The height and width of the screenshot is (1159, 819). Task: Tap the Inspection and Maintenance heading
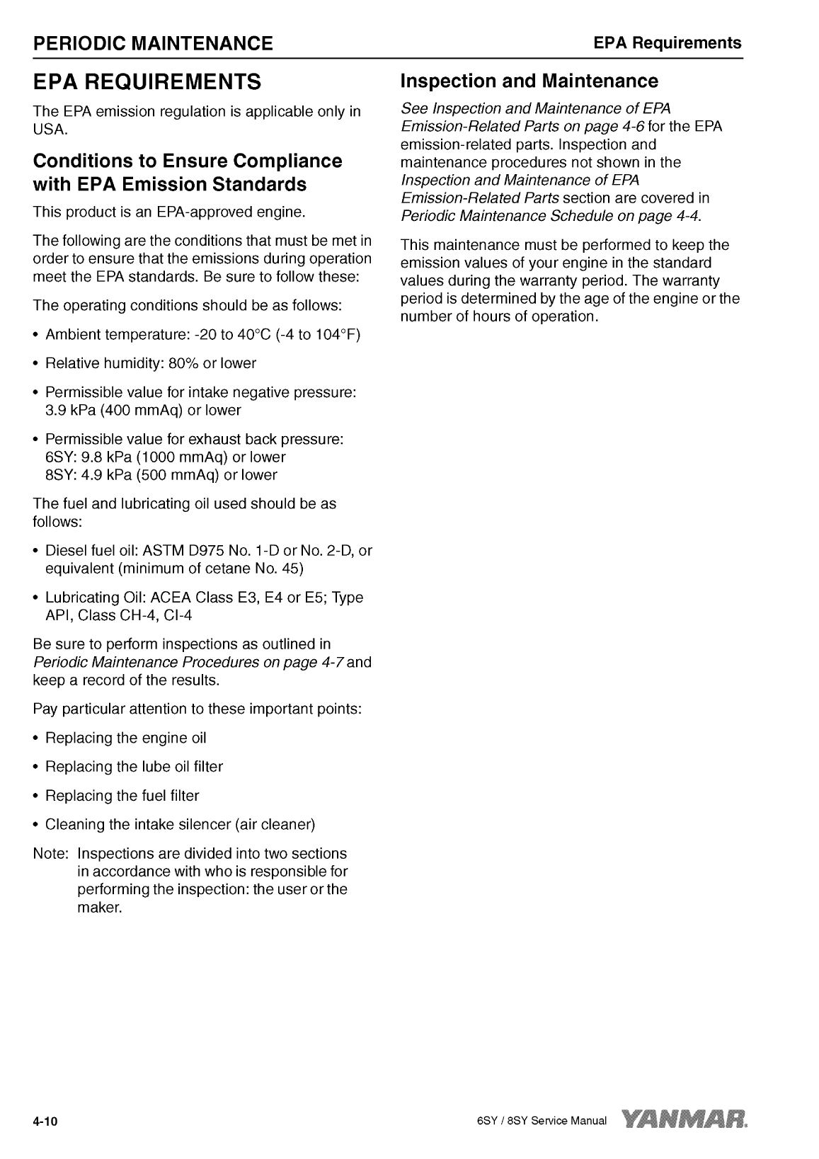pos(529,81)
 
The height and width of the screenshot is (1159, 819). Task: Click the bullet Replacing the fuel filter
pos(122,796)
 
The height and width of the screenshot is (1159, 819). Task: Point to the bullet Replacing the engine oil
pos(125,738)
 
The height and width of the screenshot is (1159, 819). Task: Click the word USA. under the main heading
pos(50,130)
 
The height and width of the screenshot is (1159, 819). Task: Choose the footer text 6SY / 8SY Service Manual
pos(541,1121)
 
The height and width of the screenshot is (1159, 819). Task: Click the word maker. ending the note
pos(99,908)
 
